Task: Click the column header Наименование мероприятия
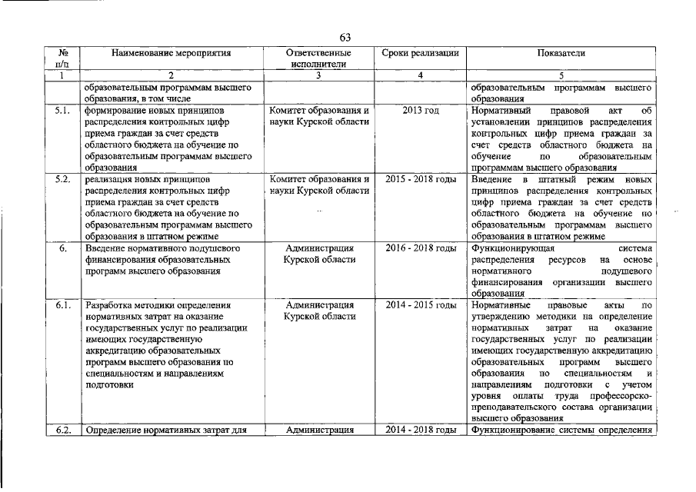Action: (171, 54)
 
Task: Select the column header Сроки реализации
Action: (421, 54)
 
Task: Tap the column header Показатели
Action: (561, 54)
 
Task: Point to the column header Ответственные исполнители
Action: (318, 59)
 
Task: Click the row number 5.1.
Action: (63, 111)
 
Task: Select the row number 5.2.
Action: (63, 179)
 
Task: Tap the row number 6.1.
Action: (63, 306)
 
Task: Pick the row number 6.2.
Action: (63, 430)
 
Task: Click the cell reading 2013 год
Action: (421, 111)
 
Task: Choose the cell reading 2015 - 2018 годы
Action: (421, 179)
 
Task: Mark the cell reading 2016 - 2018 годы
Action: (421, 248)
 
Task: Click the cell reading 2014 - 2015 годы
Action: (421, 306)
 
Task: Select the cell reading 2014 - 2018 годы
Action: (421, 430)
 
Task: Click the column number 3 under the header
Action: (318, 75)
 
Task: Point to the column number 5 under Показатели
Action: (561, 75)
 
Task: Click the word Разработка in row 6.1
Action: (111, 306)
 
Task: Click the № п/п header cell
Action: (63, 59)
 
